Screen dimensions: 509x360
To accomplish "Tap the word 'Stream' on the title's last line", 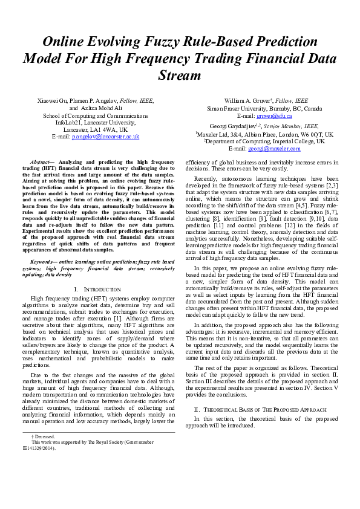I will [x=180, y=76].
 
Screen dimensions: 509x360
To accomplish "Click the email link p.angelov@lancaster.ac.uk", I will [x=106, y=137].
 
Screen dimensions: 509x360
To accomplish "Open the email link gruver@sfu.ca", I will [x=273, y=115].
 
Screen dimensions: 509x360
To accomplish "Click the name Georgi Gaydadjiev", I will [x=234, y=126].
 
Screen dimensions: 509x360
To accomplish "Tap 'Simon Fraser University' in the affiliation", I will [x=238, y=108].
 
